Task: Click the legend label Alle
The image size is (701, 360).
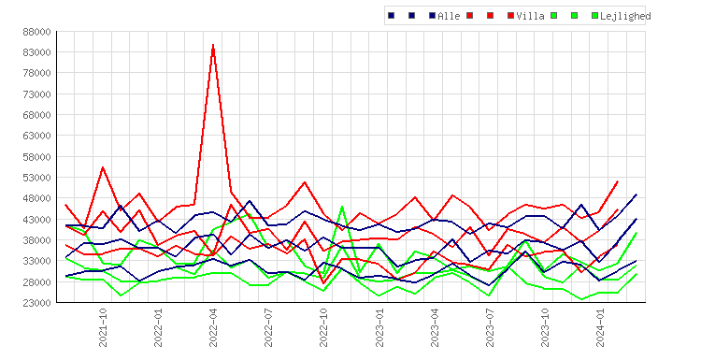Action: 449,16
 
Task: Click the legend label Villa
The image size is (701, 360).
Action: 530,16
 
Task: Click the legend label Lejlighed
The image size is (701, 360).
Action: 625,17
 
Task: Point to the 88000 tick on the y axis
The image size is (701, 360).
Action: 36,32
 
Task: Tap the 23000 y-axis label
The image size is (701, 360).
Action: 36,303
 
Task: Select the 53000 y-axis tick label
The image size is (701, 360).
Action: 36,178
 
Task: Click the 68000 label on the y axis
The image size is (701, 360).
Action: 36,115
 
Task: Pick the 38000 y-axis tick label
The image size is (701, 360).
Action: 36,240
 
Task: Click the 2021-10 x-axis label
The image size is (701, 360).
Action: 103,327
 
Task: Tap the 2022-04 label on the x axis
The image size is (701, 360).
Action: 213,327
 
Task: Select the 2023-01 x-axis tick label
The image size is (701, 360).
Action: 379,327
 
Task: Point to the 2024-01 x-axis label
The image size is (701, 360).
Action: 600,327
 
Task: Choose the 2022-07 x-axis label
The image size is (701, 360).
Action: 268,327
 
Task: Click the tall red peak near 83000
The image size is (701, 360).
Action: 213,45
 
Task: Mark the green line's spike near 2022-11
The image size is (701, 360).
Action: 342,206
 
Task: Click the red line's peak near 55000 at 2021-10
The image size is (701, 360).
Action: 103,167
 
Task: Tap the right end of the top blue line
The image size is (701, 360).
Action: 637,194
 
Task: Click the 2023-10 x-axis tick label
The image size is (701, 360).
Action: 545,327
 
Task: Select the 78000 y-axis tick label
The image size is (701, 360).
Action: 36,73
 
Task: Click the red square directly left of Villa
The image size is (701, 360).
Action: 510,16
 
